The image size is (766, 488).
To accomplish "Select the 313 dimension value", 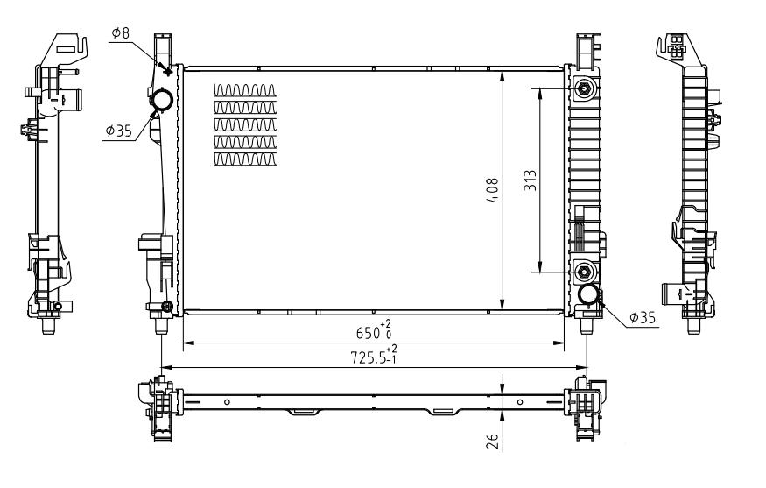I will pyautogui.click(x=530, y=180).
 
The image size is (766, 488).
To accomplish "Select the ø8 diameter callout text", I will pyautogui.click(x=120, y=34).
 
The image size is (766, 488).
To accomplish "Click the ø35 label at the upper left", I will pyautogui.click(x=118, y=131).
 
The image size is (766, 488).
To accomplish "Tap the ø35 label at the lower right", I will pyautogui.click(x=643, y=317).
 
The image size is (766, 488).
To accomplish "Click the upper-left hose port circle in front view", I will pyautogui.click(x=162, y=102).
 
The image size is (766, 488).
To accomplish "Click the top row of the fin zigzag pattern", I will pyautogui.click(x=246, y=89).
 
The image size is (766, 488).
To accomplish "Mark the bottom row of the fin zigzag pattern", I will pyautogui.click(x=246, y=159).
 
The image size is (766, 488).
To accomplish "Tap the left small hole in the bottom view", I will pyautogui.click(x=227, y=402).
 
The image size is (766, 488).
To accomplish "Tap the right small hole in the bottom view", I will pyautogui.click(x=520, y=402).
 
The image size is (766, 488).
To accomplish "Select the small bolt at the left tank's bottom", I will pyautogui.click(x=167, y=306).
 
